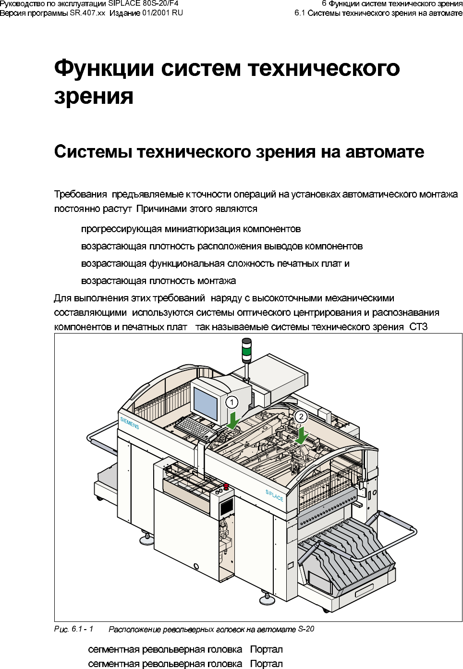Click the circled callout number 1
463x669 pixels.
(232, 402)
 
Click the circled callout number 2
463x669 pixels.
(301, 417)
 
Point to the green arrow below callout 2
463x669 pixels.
(302, 436)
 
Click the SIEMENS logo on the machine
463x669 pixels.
(130, 423)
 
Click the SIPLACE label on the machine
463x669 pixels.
(274, 496)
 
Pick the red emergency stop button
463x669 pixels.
(226, 486)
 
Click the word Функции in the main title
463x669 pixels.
(104, 68)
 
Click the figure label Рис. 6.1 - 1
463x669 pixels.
(73, 629)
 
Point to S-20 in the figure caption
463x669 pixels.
(306, 629)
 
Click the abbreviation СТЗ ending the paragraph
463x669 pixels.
(418, 327)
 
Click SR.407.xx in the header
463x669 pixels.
(87, 13)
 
